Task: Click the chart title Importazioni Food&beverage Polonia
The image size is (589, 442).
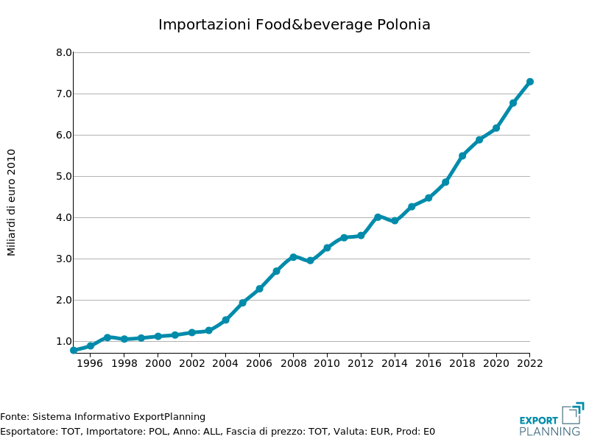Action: (x=294, y=24)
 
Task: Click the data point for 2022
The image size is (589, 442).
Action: (x=529, y=82)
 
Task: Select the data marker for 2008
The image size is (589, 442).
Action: (x=293, y=257)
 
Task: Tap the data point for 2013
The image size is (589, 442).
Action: (x=378, y=217)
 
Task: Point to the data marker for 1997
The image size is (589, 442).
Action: (x=107, y=337)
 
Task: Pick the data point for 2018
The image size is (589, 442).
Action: (x=462, y=156)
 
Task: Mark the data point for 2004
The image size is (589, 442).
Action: (x=225, y=320)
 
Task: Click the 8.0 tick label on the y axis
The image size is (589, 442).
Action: (x=64, y=53)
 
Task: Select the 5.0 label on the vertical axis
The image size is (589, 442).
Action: (x=64, y=177)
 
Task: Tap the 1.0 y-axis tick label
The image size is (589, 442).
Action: (x=64, y=342)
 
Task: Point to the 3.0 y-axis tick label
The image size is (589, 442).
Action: (x=64, y=259)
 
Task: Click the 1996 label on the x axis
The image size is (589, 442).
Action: (x=90, y=362)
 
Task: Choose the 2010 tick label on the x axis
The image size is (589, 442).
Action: (x=327, y=362)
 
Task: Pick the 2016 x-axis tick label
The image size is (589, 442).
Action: (x=428, y=362)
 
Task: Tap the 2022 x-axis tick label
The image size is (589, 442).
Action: (x=529, y=362)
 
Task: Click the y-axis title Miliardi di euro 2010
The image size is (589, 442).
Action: (x=12, y=203)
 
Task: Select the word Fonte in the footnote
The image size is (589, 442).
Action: (x=14, y=417)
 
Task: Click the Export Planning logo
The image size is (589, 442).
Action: (x=551, y=420)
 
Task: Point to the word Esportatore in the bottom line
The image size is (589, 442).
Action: (x=27, y=432)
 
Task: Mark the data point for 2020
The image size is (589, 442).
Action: (x=496, y=128)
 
